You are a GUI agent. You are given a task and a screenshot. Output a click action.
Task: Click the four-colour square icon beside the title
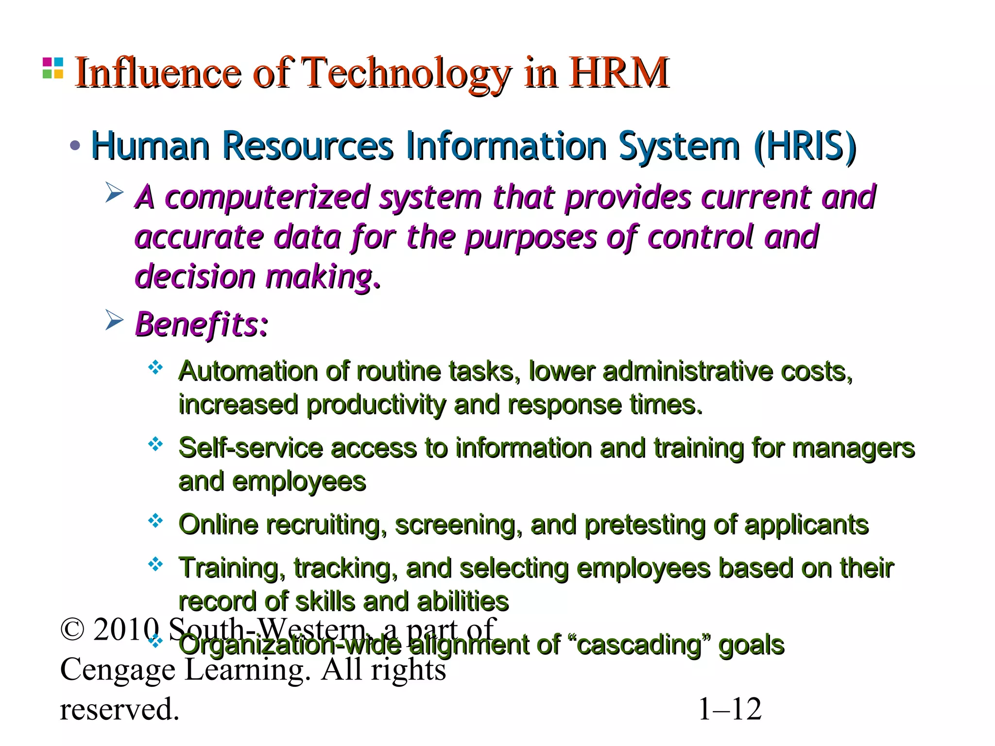tap(53, 68)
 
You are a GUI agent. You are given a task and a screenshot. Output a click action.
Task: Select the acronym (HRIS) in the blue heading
tap(805, 146)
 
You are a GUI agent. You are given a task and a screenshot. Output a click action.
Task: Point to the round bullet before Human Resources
tap(75, 145)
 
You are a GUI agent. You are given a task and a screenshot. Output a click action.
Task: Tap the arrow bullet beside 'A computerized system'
tap(115, 192)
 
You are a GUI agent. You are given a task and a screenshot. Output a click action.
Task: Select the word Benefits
tap(201, 324)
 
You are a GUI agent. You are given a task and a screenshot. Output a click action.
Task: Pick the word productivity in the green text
tap(376, 405)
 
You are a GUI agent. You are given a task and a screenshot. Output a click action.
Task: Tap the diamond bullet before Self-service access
tap(155, 444)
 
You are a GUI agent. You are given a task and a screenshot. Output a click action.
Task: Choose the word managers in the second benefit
tap(853, 448)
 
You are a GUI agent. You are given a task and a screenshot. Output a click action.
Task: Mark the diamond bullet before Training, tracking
tap(155, 564)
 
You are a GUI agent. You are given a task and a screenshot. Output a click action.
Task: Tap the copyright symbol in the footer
tap(72, 630)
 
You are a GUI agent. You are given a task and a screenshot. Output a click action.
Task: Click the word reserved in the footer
tap(120, 709)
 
